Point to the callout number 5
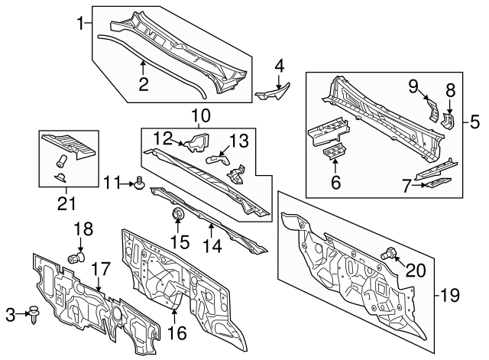pyautogui.click(x=474, y=120)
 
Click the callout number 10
pyautogui.click(x=199, y=116)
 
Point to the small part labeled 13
pyautogui.click(x=219, y=157)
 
